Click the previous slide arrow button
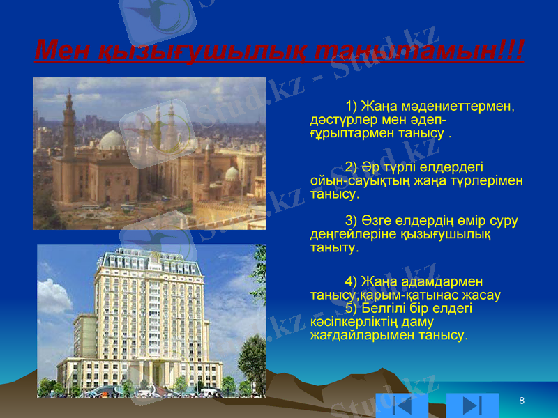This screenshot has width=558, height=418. (402, 405)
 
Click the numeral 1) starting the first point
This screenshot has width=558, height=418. (352, 107)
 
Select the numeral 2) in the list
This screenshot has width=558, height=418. (352, 167)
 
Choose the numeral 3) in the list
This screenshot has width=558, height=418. (352, 221)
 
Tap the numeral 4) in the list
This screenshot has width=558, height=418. (352, 281)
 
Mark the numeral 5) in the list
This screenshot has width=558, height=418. (352, 308)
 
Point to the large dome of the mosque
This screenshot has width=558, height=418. (112, 141)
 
